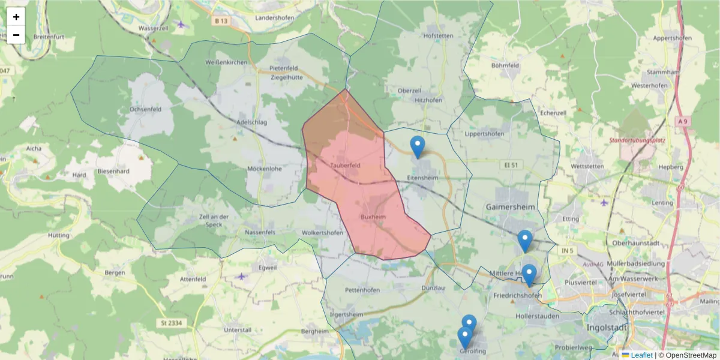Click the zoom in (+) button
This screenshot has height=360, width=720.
coord(16,17)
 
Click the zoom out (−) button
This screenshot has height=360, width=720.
coord(16,35)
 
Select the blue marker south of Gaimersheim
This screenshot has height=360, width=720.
coord(525,241)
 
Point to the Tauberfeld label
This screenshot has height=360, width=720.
coord(345,165)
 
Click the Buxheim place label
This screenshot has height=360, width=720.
coord(373,217)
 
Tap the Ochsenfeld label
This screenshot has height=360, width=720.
coord(146,110)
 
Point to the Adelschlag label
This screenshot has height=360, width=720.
coord(251,121)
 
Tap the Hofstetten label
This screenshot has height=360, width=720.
coord(438,36)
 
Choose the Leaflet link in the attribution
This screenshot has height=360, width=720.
coord(641,355)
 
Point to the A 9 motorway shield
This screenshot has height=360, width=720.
coord(683,121)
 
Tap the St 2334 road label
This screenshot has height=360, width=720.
coord(171,323)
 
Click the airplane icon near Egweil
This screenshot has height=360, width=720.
coord(241,277)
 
